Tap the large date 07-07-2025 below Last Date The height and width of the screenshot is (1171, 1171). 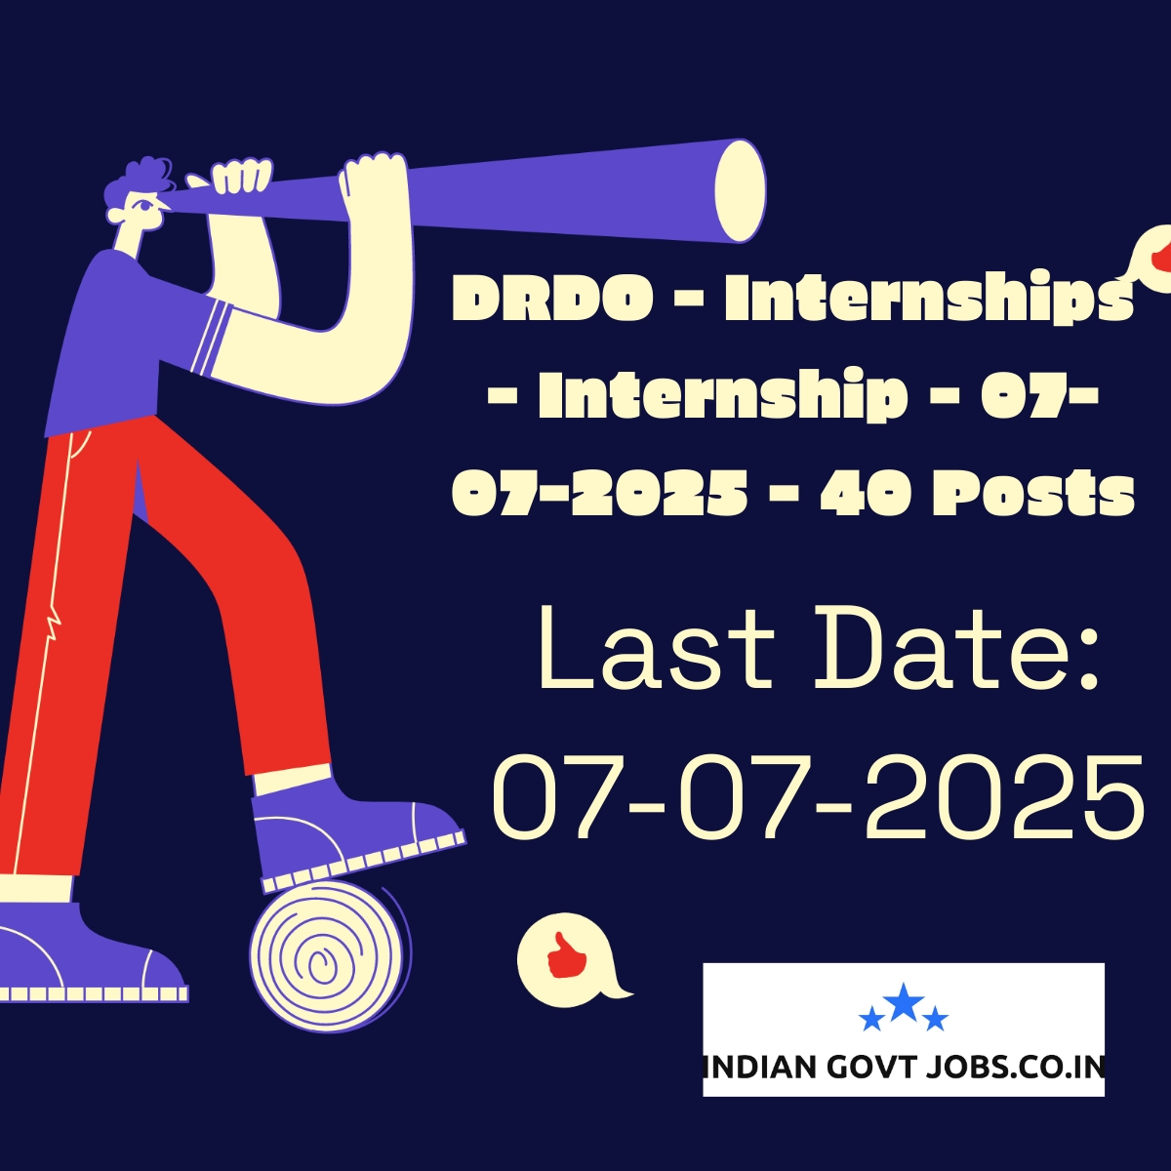(x=818, y=798)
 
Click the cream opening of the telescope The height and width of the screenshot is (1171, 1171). (x=740, y=191)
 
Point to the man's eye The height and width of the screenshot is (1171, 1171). (x=145, y=205)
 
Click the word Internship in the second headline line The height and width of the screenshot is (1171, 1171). (x=722, y=397)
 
